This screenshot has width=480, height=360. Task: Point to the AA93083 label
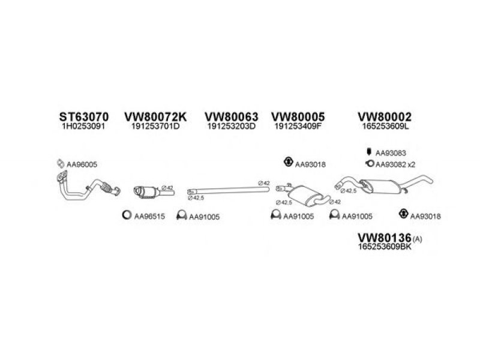click(391, 154)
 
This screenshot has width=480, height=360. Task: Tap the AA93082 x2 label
click(395, 164)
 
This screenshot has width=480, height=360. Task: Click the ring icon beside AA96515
click(127, 216)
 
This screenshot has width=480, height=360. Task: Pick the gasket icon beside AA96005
click(60, 163)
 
